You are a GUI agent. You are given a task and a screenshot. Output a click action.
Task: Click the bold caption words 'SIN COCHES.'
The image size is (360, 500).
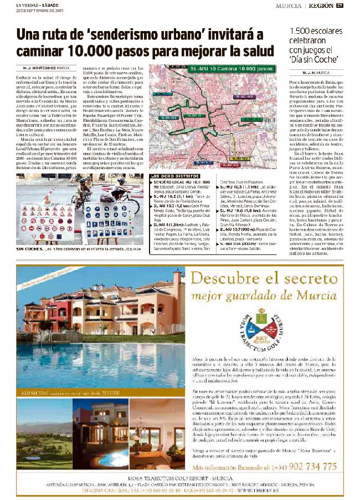coord(30,249)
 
